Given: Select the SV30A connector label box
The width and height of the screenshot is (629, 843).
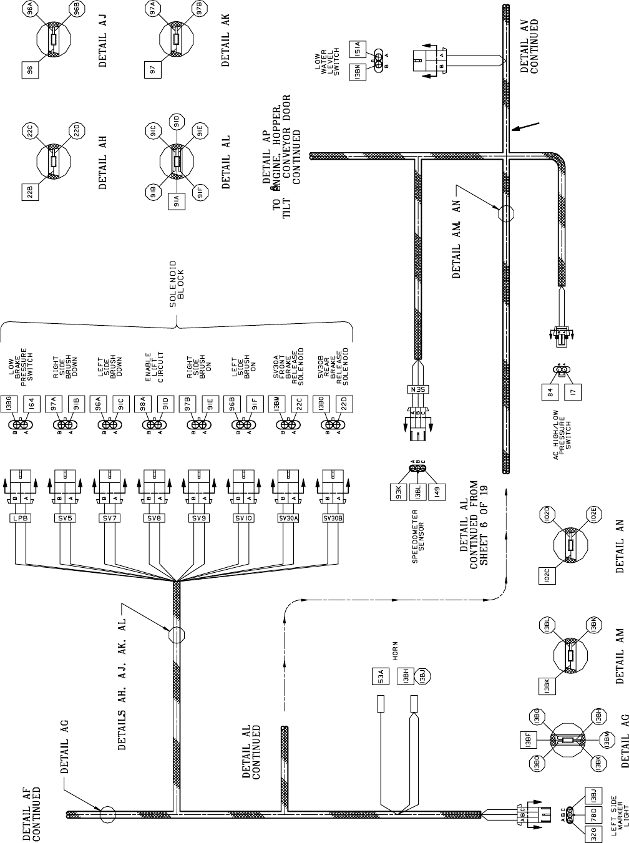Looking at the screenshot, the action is tap(289, 518).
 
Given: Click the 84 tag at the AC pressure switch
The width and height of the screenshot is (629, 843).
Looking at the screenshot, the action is tap(550, 392).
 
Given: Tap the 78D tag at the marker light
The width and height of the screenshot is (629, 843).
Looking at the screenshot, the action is tap(592, 816).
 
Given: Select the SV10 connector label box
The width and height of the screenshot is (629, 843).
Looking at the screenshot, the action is tap(242, 518).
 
